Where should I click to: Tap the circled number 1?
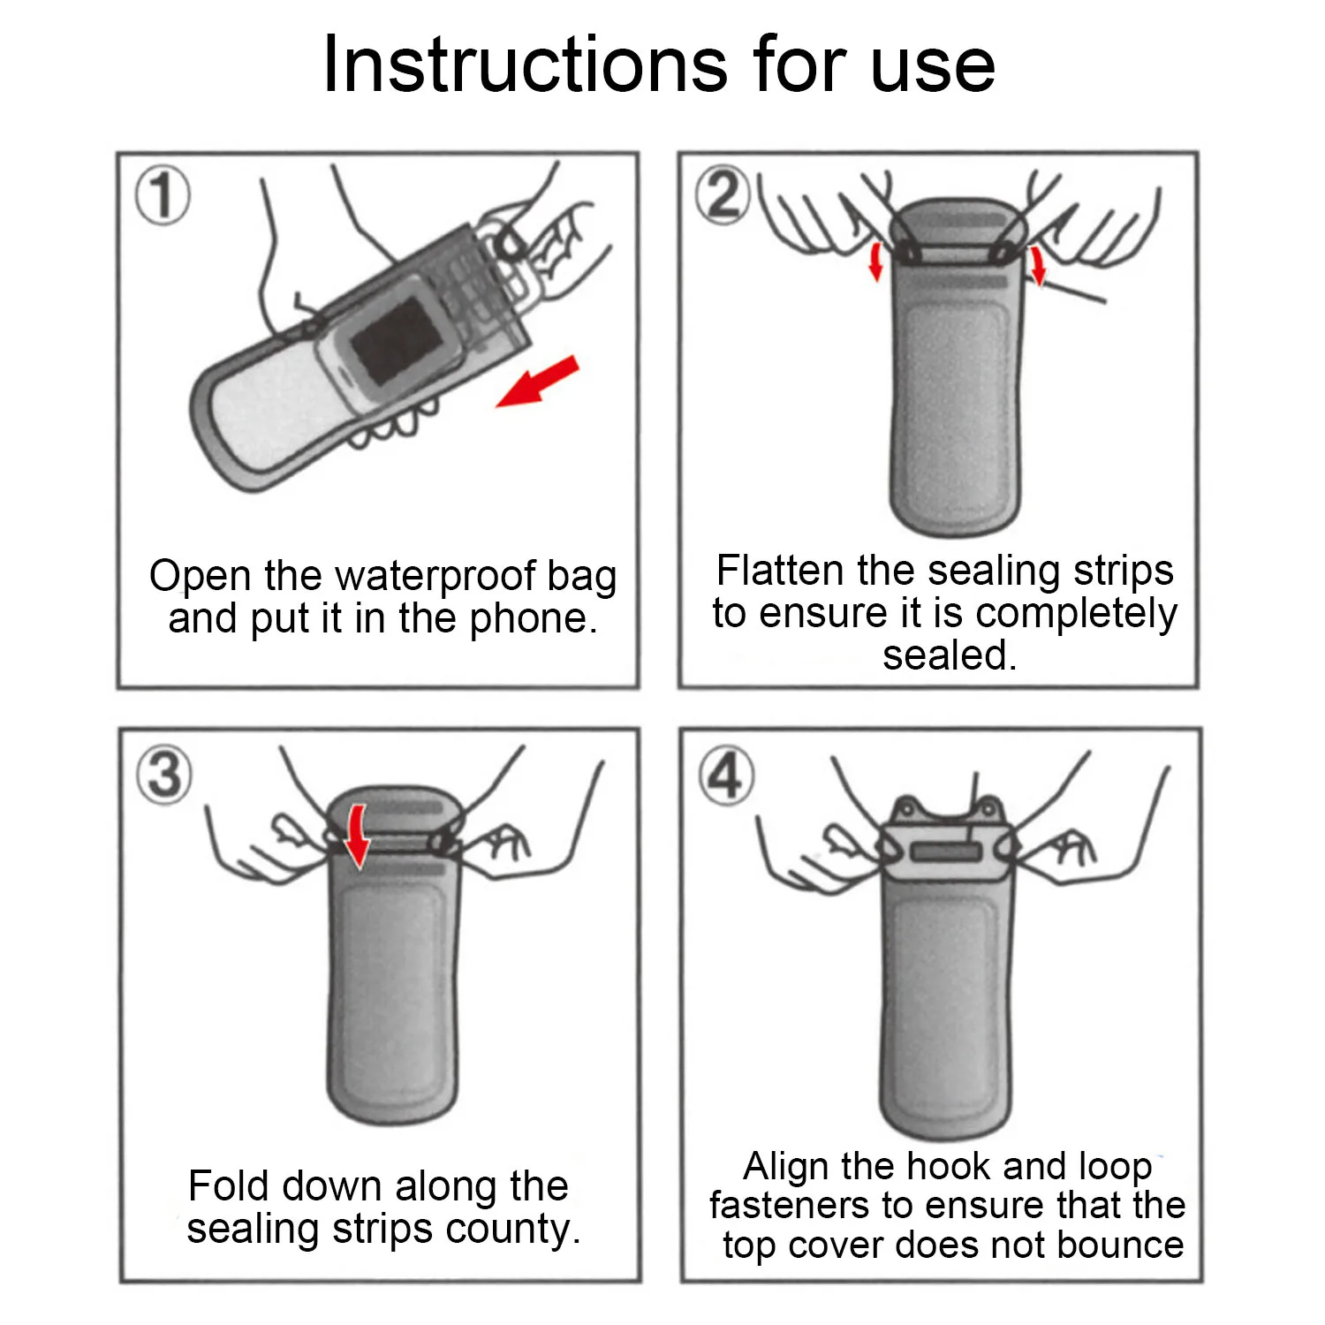163,195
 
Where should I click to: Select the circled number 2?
723,195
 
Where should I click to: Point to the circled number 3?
164,775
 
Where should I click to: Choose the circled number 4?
726,775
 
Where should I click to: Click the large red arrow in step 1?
537,381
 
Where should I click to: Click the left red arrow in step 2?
875,261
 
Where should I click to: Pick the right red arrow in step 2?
1038,266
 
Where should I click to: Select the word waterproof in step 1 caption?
437,577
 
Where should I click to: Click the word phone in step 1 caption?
534,619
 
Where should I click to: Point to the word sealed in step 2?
950,655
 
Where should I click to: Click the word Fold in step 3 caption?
228,1185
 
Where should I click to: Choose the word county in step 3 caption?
527,1230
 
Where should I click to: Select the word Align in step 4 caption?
786,1166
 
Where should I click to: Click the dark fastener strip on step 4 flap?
946,852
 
